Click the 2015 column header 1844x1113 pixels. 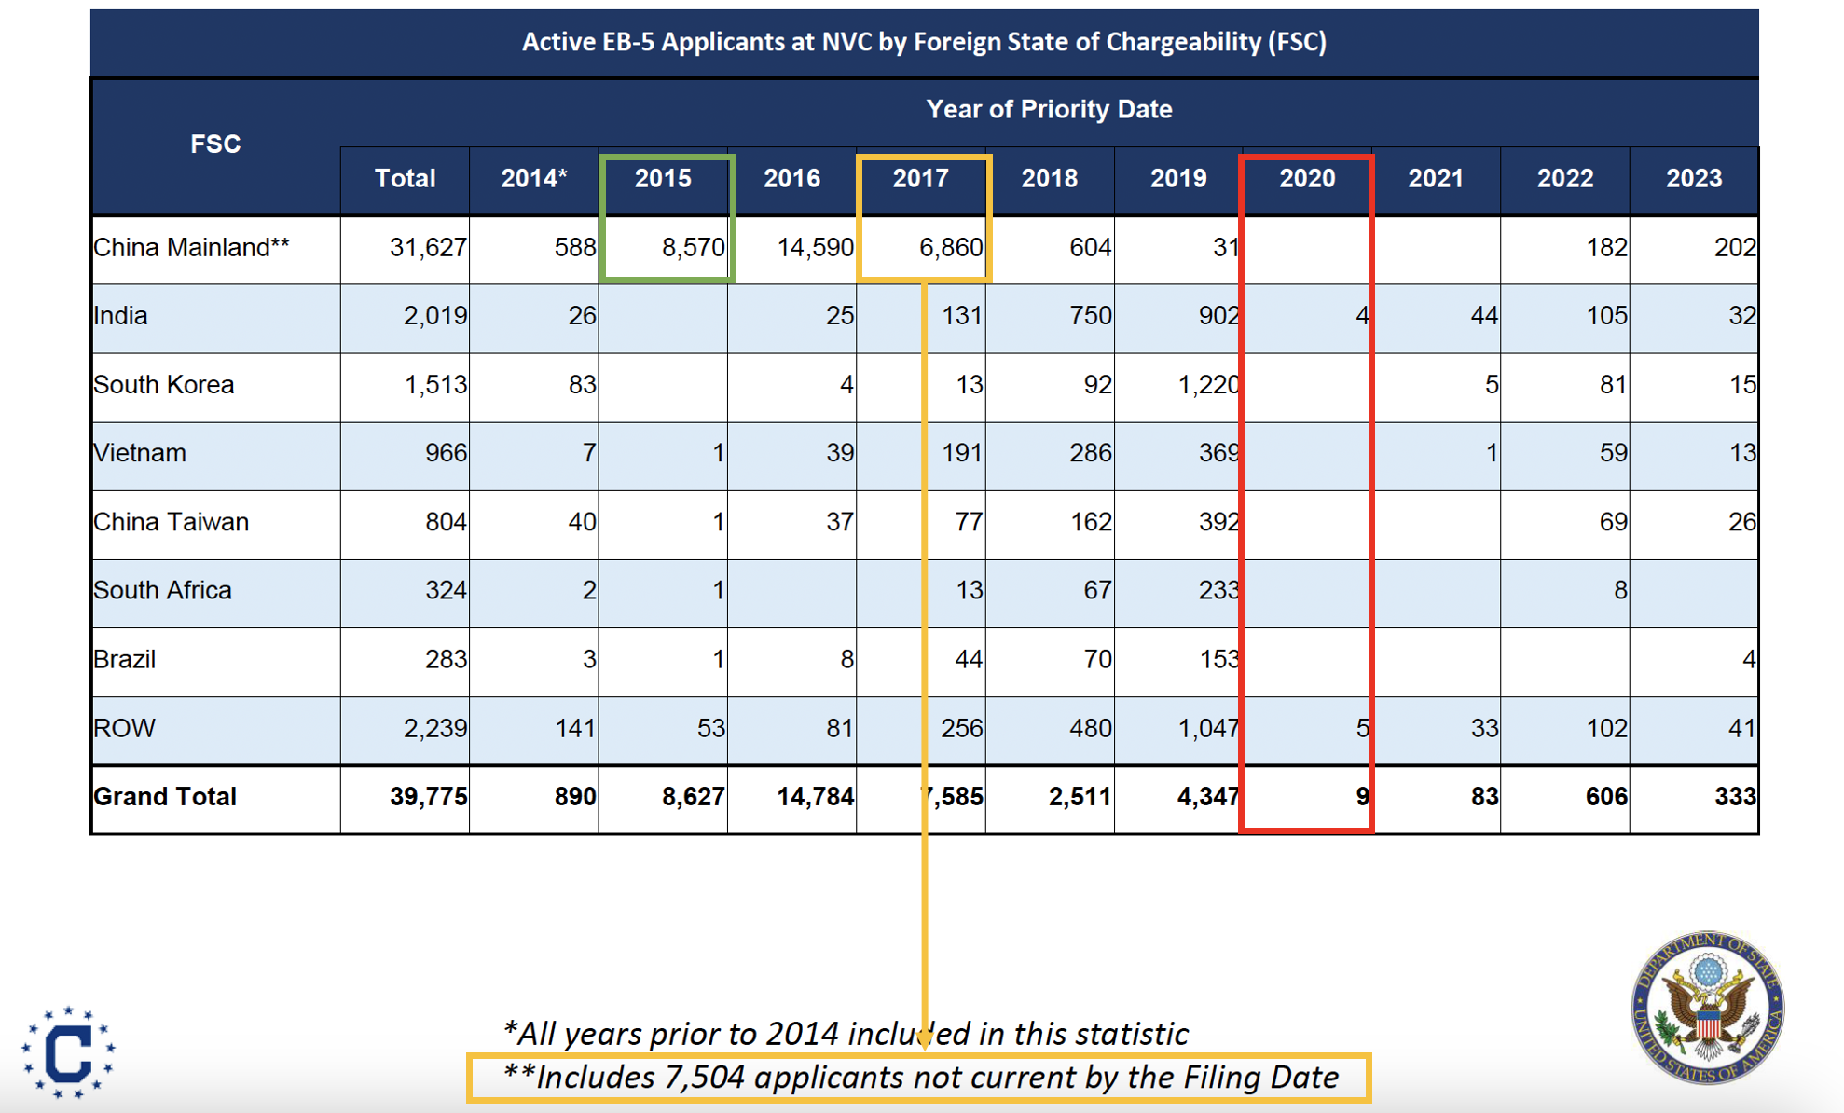click(x=663, y=178)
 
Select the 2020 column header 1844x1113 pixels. click(x=1306, y=178)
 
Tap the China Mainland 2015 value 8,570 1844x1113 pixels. click(x=693, y=247)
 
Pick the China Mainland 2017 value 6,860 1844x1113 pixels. click(x=951, y=247)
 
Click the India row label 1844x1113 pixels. click(x=120, y=316)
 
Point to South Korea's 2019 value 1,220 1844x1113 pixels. click(x=1208, y=384)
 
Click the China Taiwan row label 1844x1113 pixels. click(x=171, y=522)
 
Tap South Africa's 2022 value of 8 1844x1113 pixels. click(x=1619, y=590)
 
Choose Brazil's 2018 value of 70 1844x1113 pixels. click(x=1097, y=659)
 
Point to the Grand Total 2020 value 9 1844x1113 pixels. click(x=1362, y=797)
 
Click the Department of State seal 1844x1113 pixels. click(x=1707, y=1007)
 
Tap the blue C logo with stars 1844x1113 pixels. click(x=68, y=1052)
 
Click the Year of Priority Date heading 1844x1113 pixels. click(x=1049, y=109)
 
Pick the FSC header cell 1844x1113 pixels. click(x=215, y=144)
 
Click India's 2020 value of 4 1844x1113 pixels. click(x=1361, y=316)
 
